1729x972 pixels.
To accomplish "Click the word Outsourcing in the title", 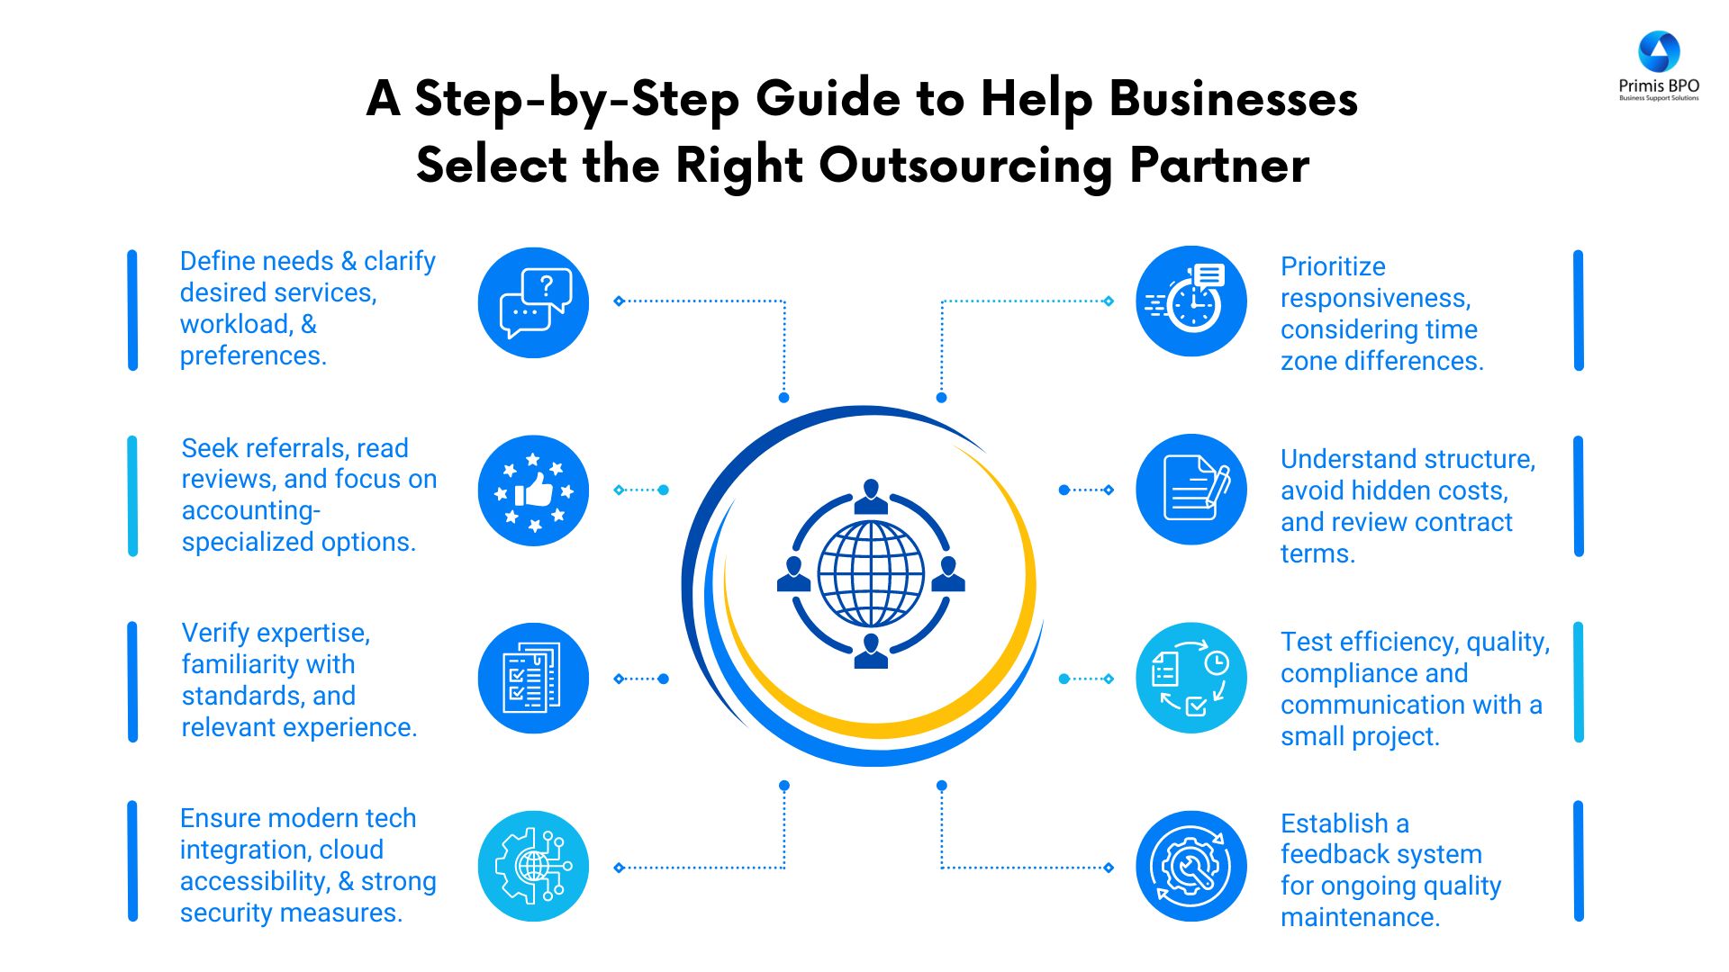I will (x=965, y=166).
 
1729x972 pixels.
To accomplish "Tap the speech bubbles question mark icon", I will (x=534, y=302).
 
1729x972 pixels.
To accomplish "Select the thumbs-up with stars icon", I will (x=534, y=490).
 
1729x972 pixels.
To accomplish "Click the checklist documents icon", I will (x=534, y=678).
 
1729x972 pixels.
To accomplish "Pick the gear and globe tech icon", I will (x=534, y=866).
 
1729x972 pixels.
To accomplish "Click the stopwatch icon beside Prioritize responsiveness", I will (x=1191, y=301).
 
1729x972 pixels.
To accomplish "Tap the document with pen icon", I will (x=1191, y=490).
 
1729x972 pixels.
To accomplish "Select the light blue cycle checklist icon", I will (x=1191, y=678).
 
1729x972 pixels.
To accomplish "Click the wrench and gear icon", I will (x=1191, y=866).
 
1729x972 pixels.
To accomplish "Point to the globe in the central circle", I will (x=871, y=574).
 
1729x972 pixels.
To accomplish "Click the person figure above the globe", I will (x=871, y=496).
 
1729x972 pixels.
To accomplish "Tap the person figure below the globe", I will (x=871, y=651).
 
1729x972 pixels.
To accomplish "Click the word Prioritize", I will (x=1333, y=266).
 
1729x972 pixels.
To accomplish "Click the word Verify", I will (x=215, y=633).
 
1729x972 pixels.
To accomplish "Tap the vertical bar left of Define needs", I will (x=132, y=310).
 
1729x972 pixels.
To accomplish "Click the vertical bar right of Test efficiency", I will (x=1578, y=681).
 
